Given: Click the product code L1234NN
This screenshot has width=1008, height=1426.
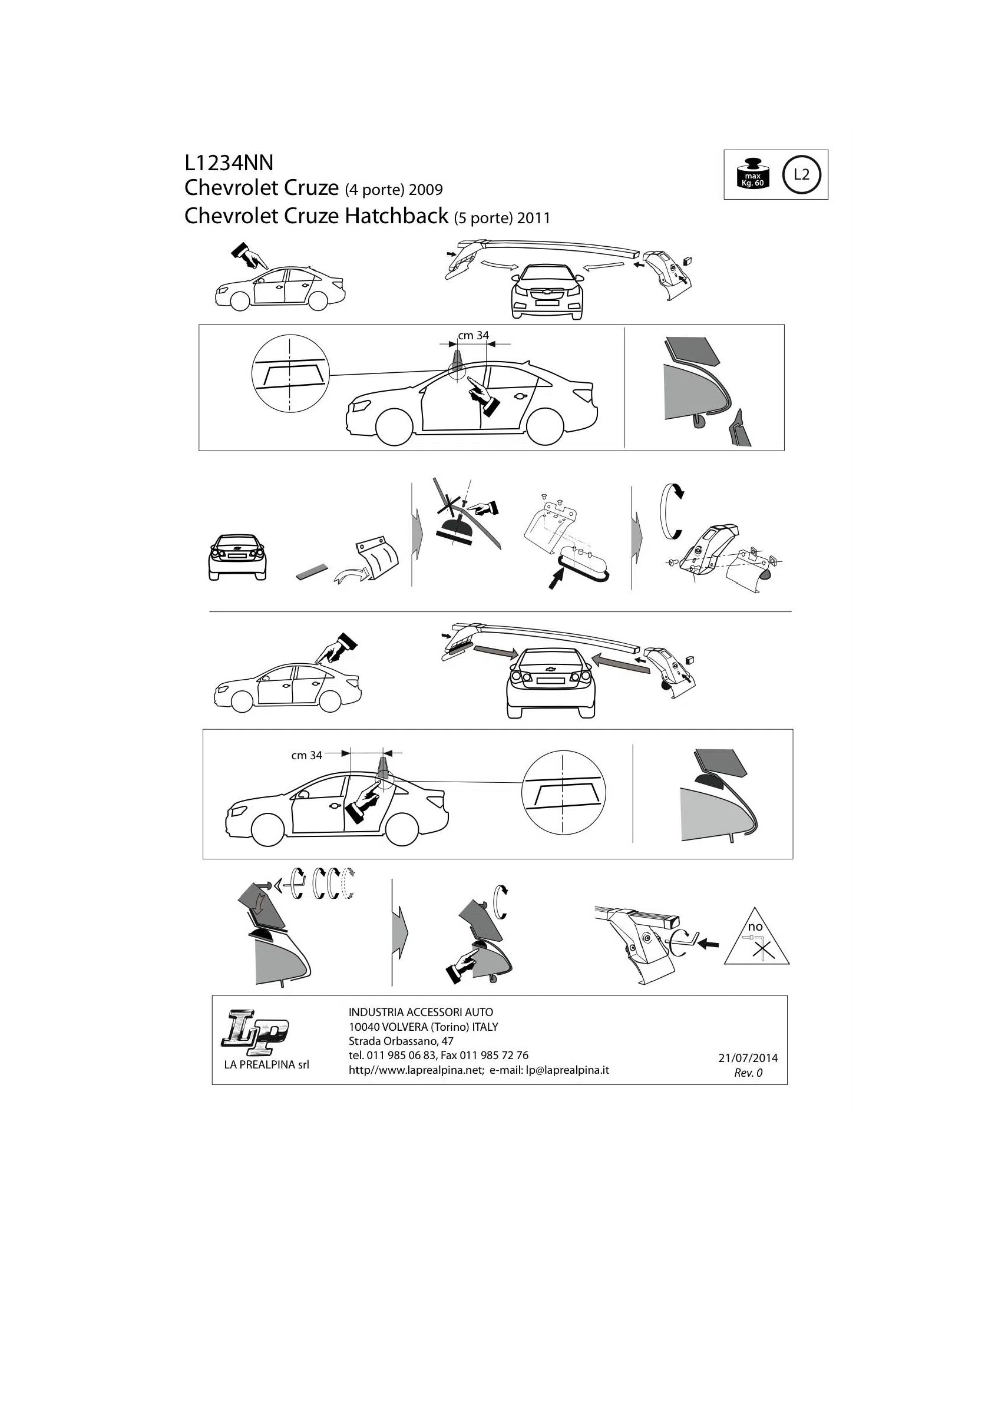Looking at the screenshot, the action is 229,163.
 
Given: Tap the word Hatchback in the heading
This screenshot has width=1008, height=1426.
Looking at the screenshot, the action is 397,216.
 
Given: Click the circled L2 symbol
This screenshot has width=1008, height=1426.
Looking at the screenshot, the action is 802,174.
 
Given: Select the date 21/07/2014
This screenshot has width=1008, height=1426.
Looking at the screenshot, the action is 748,1058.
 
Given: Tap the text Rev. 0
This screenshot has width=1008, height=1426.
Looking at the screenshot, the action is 748,1073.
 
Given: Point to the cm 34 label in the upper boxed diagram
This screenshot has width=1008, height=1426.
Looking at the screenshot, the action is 473,335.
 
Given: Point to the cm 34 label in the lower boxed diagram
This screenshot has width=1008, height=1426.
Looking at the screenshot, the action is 307,755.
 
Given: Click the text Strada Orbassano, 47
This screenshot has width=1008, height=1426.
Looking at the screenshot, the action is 401,1041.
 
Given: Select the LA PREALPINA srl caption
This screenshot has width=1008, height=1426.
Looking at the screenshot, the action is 266,1064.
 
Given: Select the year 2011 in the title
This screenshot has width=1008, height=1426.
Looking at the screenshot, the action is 533,218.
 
